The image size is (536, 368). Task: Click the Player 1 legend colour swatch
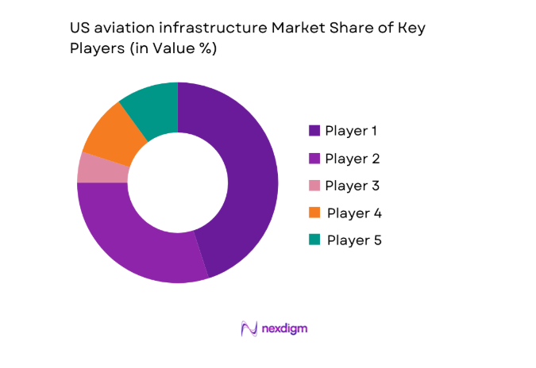pyautogui.click(x=314, y=130)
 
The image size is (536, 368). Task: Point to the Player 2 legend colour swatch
pyautogui.click(x=314, y=158)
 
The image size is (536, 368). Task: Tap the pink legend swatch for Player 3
pyautogui.click(x=314, y=186)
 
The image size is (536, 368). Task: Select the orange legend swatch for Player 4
pyautogui.click(x=314, y=213)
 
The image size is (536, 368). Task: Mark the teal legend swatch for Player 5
pyautogui.click(x=314, y=240)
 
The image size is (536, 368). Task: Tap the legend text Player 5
pyautogui.click(x=354, y=240)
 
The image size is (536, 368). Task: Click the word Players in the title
pyautogui.click(x=94, y=48)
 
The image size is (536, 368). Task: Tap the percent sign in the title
pyautogui.click(x=208, y=48)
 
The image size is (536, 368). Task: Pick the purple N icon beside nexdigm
pyautogui.click(x=249, y=328)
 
